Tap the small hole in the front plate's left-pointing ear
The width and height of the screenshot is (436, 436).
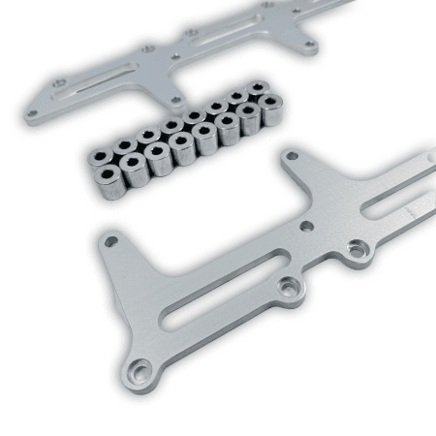(x=111, y=240)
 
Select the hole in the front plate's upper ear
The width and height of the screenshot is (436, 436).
(x=291, y=155)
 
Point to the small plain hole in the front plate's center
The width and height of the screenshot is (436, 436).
(x=307, y=226)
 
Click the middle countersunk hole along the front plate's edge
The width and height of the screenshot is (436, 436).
(x=288, y=287)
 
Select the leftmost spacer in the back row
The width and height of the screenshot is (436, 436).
(x=102, y=154)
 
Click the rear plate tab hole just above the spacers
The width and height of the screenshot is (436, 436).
(x=174, y=97)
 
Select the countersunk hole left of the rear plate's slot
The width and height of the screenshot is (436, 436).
(x=59, y=83)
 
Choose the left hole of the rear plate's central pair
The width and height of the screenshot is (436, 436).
(x=147, y=48)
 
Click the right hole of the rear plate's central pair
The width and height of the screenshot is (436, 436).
(x=192, y=32)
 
